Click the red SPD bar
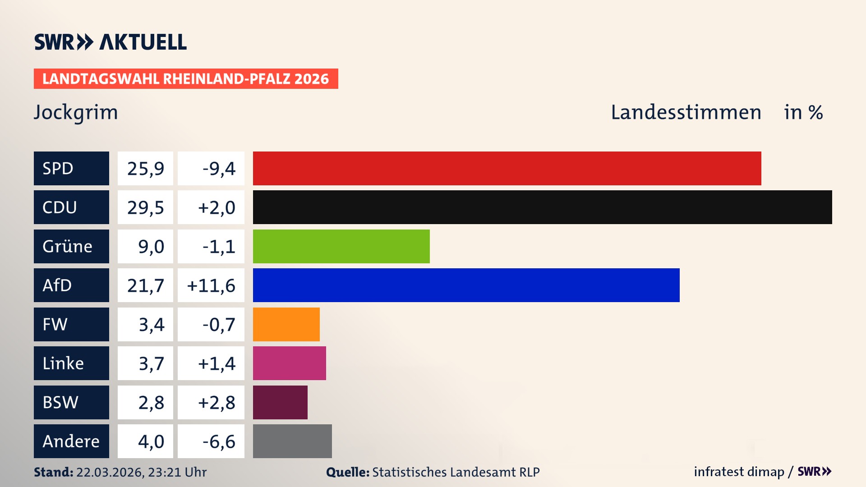507,168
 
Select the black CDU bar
542,207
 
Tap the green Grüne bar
341,246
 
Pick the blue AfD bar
466,285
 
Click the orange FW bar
286,324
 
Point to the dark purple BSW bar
280,402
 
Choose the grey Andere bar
292,441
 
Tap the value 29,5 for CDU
145,207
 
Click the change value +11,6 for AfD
211,285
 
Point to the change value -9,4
219,169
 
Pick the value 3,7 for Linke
151,363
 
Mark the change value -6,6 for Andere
219,441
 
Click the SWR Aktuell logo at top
111,42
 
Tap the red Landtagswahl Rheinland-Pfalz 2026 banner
186,79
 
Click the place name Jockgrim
76,112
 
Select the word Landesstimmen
686,112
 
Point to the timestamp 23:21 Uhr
177,472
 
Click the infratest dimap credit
738,472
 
